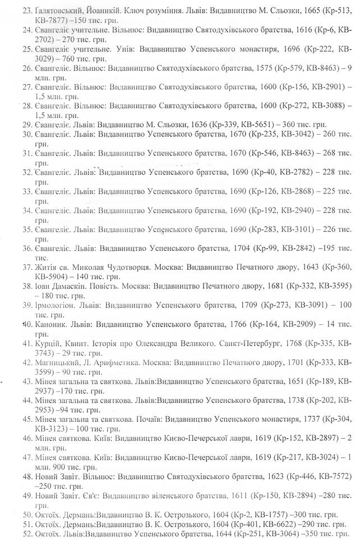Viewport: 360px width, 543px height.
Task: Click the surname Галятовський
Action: click(59, 10)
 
